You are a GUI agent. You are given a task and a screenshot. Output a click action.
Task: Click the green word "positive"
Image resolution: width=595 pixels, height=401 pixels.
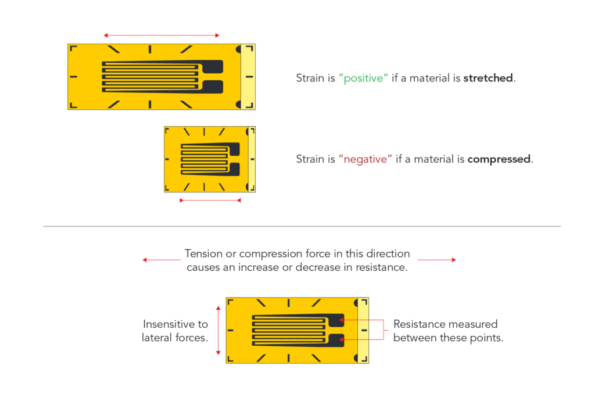[363, 78]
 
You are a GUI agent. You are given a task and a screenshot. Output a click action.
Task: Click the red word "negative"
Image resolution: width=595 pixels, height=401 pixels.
[365, 159]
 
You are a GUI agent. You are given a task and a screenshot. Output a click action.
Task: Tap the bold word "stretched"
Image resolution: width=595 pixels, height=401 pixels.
[488, 78]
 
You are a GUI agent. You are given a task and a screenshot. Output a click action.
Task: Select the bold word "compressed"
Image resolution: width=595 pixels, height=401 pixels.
[499, 159]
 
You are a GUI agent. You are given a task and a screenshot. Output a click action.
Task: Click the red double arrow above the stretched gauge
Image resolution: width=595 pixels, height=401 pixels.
[162, 35]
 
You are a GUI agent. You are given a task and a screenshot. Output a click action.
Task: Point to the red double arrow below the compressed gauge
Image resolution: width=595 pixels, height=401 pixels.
[210, 201]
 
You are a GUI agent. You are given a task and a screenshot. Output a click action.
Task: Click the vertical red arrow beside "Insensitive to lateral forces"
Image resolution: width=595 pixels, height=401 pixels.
[218, 330]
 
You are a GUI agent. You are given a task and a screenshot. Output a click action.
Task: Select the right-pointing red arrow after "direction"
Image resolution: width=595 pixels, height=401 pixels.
[437, 260]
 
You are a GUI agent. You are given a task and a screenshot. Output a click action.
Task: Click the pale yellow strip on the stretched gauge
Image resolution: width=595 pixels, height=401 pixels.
[248, 77]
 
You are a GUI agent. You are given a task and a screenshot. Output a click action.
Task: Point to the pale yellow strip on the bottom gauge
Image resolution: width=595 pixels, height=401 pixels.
[363, 330]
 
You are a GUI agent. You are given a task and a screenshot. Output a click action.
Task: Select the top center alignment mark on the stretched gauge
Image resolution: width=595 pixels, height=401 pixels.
[150, 49]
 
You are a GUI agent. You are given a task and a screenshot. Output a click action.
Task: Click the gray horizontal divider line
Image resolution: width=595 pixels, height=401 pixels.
[302, 226]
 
